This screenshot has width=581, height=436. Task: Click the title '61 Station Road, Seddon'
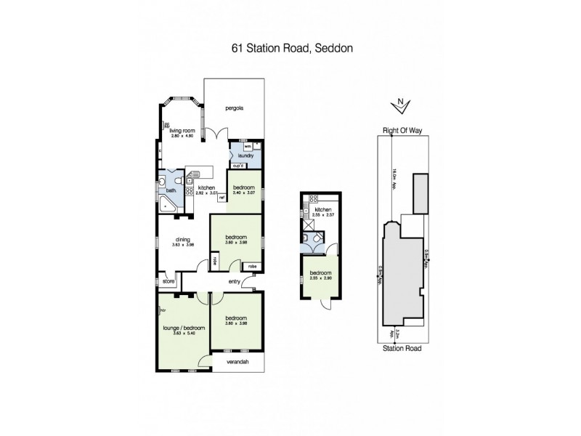pyautogui.click(x=290, y=50)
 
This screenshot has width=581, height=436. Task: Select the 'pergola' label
pyautogui.click(x=233, y=108)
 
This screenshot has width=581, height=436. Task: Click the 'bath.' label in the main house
pyautogui.click(x=171, y=191)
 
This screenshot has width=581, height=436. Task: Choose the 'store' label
pyautogui.click(x=168, y=281)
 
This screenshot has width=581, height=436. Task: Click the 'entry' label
pyautogui.click(x=235, y=282)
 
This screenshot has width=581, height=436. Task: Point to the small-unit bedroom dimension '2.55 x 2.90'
pyautogui.click(x=321, y=278)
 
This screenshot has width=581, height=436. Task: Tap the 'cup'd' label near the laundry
pyautogui.click(x=237, y=166)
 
